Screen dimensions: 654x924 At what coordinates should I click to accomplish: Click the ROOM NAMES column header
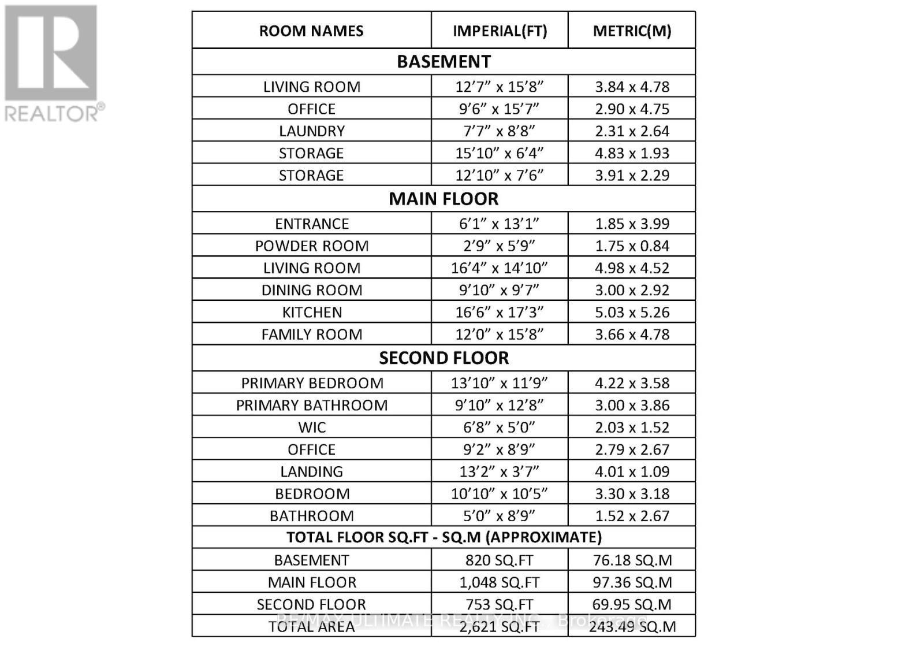pyautogui.click(x=311, y=31)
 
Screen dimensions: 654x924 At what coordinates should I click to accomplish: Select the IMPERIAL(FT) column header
pyautogui.click(x=500, y=31)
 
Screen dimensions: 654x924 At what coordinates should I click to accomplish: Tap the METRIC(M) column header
pyautogui.click(x=632, y=31)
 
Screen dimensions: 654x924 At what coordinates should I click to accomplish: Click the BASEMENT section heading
pyautogui.click(x=444, y=61)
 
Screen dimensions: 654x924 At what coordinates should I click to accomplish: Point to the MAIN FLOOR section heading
pyautogui.click(x=444, y=199)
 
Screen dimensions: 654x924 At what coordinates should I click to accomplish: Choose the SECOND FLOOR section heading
pyautogui.click(x=444, y=358)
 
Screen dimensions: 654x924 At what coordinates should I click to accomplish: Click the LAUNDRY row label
pyautogui.click(x=311, y=131)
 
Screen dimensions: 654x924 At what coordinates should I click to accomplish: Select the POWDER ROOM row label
pyautogui.click(x=311, y=246)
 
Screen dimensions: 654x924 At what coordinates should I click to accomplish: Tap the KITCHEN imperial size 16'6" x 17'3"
pyautogui.click(x=500, y=312)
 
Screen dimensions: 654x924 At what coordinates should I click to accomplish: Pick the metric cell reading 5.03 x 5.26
pyautogui.click(x=632, y=312)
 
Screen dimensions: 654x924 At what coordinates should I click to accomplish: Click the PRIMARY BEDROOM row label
pyautogui.click(x=312, y=383)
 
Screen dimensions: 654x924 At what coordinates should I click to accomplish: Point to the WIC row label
pyautogui.click(x=312, y=428)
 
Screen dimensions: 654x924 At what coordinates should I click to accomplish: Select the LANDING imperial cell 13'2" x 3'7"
pyautogui.click(x=500, y=471)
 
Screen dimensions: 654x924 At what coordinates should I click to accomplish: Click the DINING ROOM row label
pyautogui.click(x=311, y=290)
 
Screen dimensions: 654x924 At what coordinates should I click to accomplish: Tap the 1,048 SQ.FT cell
pyautogui.click(x=500, y=582)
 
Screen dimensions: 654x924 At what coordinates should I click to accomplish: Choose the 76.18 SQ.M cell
pyautogui.click(x=632, y=560)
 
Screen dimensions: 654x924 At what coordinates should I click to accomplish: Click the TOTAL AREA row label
pyautogui.click(x=311, y=627)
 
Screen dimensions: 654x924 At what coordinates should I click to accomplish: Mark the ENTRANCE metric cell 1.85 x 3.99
pyautogui.click(x=632, y=224)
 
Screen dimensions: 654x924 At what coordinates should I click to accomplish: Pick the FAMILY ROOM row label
pyautogui.click(x=311, y=335)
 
